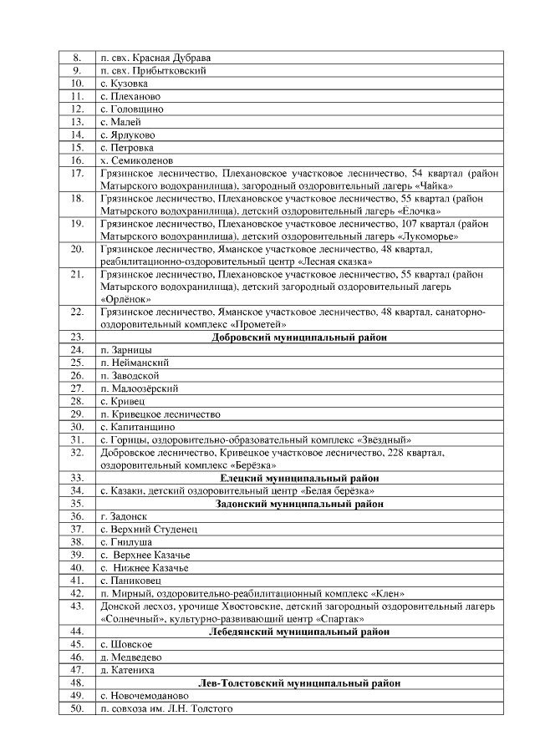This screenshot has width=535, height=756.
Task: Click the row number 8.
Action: (77, 58)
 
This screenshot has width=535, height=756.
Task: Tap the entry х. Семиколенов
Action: (137, 160)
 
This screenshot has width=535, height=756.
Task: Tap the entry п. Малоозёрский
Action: (140, 388)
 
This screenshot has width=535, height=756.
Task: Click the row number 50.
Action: (77, 708)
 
